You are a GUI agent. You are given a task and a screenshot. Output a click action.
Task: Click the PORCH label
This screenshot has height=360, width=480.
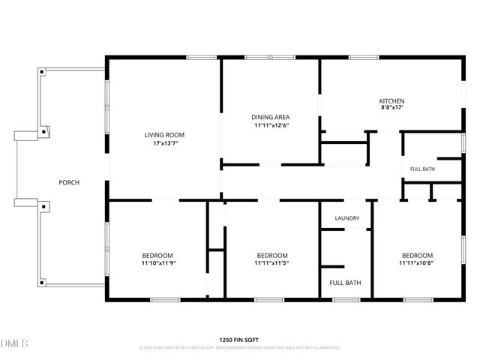(69, 182)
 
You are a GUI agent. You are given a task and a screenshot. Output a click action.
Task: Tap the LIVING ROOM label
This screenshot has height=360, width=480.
(164, 135)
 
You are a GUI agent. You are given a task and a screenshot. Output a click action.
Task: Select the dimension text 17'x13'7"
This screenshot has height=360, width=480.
(166, 143)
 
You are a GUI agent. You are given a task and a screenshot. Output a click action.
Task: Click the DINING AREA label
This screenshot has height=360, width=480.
(271, 117)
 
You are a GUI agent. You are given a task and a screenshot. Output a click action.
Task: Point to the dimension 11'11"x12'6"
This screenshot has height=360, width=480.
(271, 125)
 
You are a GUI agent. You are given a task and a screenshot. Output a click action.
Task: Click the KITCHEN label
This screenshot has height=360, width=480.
(391, 101)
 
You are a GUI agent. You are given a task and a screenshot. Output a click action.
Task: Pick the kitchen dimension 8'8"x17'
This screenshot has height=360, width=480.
(391, 107)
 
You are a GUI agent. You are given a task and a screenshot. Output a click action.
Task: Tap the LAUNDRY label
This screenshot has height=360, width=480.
(347, 218)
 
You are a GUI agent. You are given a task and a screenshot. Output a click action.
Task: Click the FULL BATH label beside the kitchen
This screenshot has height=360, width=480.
(422, 169)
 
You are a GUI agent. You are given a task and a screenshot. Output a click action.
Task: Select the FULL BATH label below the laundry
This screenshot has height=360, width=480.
(345, 283)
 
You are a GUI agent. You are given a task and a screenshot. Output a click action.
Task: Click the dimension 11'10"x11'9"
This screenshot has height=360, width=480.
(158, 263)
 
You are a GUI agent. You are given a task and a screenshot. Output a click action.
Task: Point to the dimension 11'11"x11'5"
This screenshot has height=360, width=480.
(271, 263)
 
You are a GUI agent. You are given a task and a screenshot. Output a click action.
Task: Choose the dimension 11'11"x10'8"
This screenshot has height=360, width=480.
(416, 263)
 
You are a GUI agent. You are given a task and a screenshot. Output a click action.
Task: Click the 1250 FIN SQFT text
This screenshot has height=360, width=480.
(239, 340)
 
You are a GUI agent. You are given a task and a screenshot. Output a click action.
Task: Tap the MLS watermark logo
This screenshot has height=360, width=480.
(14, 343)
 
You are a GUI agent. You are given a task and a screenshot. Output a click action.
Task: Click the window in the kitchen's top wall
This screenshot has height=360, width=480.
(364, 57)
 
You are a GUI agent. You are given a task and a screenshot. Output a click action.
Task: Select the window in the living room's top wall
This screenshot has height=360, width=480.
(202, 57)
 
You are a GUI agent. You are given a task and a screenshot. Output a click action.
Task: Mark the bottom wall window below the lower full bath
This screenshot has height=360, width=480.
(346, 300)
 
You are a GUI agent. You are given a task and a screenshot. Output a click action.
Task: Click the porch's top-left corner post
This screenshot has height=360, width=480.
(42, 72)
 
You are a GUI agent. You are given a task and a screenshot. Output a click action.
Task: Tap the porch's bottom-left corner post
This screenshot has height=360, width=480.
(42, 283)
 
